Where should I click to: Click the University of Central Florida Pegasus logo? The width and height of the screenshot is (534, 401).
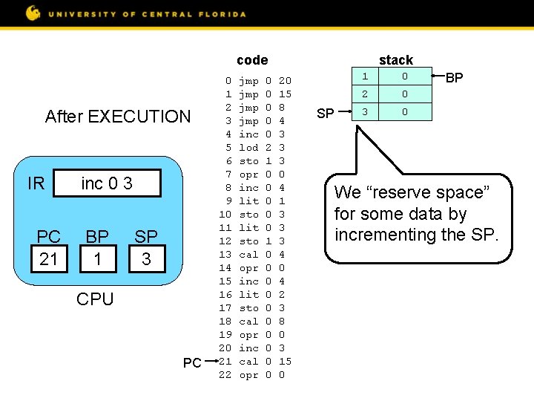coord(33,13)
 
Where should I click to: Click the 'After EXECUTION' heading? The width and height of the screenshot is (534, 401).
coord(118,117)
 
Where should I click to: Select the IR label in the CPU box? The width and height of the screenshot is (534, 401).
coord(36,183)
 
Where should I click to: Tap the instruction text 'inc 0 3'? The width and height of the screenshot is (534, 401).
coord(107,183)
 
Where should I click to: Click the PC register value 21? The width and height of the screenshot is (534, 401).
coord(49,258)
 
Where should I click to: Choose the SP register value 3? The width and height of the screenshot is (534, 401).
coord(146,258)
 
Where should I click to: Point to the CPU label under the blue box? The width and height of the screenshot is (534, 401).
coord(96,299)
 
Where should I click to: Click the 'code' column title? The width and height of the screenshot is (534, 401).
coord(252,59)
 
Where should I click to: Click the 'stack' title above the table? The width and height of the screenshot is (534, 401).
coord(395,59)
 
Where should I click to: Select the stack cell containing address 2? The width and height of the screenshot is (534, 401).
coord(365,94)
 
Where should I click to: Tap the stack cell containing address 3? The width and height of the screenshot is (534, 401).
coord(365,112)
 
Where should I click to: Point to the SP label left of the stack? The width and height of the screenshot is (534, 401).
coord(326,113)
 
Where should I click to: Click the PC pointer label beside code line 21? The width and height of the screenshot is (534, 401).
coord(192,362)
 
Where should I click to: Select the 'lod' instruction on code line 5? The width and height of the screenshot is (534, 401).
coord(248,148)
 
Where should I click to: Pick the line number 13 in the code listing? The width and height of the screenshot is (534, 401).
coord(225,255)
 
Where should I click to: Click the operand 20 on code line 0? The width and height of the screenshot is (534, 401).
coord(285,81)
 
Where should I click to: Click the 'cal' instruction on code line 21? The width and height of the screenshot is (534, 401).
coord(248,362)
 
